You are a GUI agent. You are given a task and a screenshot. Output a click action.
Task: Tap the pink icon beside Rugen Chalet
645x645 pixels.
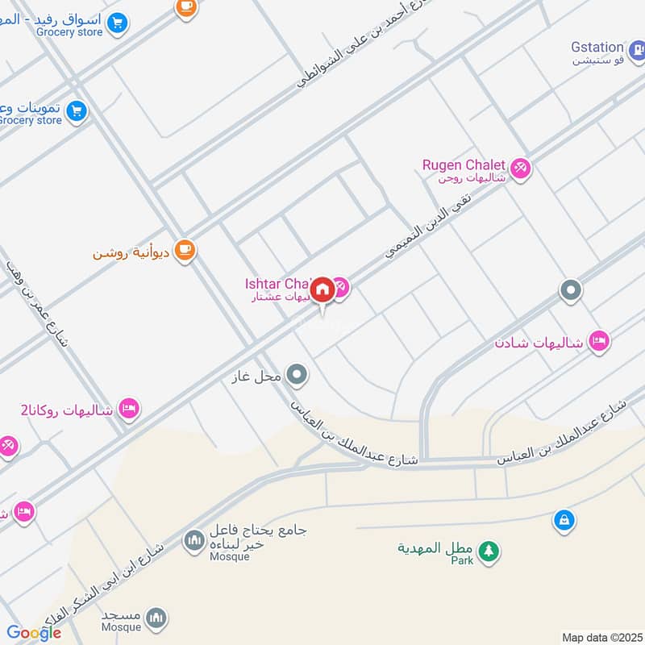tap(520, 168)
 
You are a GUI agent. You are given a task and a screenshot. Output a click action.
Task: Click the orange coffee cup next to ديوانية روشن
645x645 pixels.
tap(185, 251)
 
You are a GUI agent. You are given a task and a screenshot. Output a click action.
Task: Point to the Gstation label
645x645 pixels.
tap(597, 48)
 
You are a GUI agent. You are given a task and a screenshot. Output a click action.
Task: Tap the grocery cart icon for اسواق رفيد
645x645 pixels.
tap(118, 22)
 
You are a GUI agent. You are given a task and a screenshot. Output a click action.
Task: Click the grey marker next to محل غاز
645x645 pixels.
tap(298, 374)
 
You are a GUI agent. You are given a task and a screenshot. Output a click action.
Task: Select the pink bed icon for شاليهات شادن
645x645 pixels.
tap(598, 342)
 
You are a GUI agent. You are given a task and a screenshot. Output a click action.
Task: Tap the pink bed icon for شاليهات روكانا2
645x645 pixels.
tap(128, 409)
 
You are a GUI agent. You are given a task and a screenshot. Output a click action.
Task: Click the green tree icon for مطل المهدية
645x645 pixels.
tap(488, 551)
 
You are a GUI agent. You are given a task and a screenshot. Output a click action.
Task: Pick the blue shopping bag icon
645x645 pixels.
tap(564, 521)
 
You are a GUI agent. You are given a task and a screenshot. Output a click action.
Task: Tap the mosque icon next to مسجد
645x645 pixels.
tap(157, 618)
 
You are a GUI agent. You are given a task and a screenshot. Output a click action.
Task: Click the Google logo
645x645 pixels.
tap(34, 633)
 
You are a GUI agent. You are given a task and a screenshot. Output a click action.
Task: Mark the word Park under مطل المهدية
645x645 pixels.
tap(461, 560)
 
